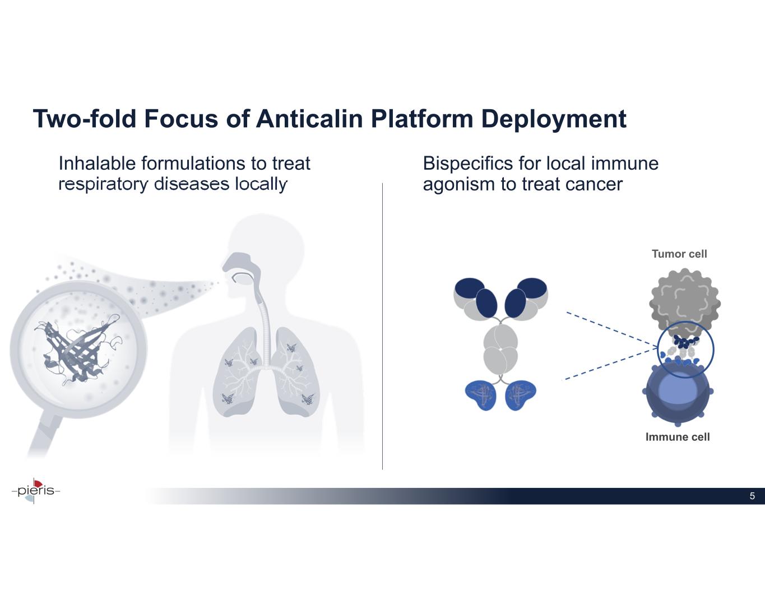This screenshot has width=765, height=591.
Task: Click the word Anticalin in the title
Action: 309,119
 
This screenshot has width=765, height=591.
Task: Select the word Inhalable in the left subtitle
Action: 97,163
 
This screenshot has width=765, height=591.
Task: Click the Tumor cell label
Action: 679,254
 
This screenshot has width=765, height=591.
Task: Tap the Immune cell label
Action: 678,437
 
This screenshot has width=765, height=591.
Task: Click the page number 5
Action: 752,496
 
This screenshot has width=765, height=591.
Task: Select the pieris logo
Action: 36,491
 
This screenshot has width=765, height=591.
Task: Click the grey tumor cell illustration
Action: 684,303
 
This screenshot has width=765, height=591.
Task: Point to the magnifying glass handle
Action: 44,436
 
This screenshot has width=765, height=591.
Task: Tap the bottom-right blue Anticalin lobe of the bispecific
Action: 521,395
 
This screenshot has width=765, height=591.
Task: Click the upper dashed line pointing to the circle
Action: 612,329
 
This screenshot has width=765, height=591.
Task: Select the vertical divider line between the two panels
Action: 382,326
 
